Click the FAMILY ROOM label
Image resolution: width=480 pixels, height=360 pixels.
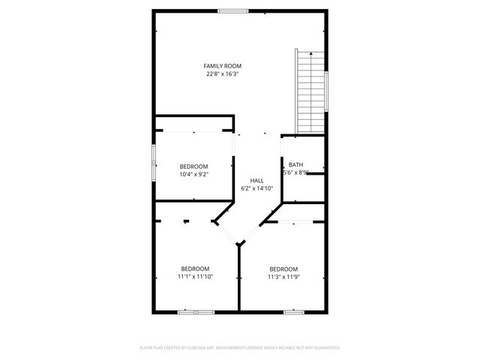[x=224, y=67]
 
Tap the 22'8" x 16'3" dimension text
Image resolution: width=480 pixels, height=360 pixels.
[x=224, y=74]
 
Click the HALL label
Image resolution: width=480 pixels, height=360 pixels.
[x=257, y=181]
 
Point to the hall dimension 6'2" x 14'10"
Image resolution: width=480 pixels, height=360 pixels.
[x=257, y=188]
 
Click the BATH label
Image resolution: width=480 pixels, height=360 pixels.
[x=296, y=165]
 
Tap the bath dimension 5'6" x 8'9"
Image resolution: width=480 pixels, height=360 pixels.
[x=296, y=172]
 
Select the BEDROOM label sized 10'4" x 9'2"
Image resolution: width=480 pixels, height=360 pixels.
[x=193, y=166]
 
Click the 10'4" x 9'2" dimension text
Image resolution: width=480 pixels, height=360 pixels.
[x=193, y=174]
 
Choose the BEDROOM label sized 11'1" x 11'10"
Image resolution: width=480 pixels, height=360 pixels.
[x=195, y=268]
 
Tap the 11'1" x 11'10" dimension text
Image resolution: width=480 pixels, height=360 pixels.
[x=195, y=276]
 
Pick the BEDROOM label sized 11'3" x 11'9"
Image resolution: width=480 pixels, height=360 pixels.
[x=283, y=269]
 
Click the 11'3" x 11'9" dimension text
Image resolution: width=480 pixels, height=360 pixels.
[x=283, y=277]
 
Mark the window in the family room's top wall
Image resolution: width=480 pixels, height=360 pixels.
[x=233, y=10]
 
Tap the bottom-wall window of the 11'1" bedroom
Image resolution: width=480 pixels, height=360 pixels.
[x=195, y=311]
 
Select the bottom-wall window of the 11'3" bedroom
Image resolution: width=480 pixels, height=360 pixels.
[x=293, y=311]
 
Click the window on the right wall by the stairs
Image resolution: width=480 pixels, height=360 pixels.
[x=327, y=91]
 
